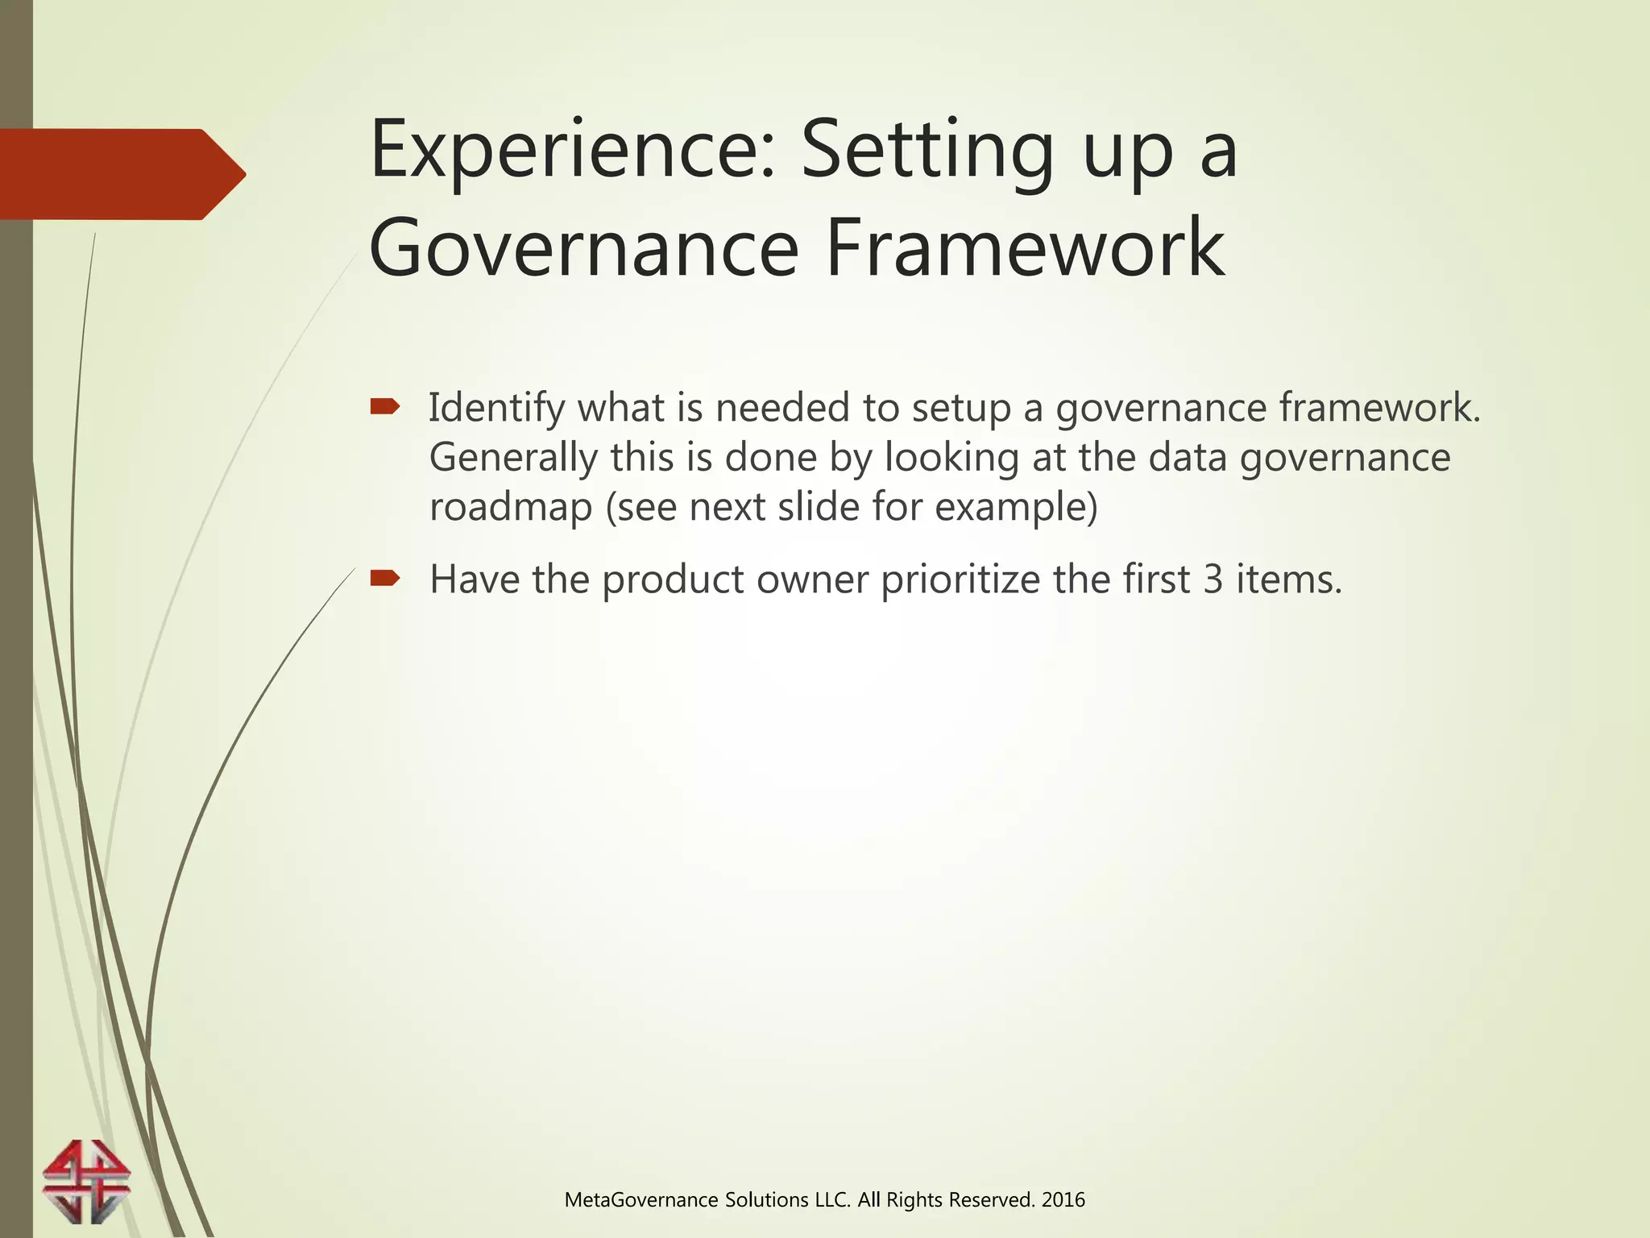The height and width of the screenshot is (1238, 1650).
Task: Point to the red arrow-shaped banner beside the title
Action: tap(121, 174)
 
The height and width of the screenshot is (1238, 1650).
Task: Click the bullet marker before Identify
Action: tap(384, 407)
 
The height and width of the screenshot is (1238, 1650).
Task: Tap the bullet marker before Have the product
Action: tap(384, 578)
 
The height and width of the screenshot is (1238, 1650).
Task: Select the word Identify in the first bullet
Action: tap(495, 407)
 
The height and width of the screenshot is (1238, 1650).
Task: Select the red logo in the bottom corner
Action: tap(86, 1182)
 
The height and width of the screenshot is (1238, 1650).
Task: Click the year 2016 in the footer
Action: tap(1063, 1200)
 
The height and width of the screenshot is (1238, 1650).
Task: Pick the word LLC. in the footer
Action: tap(833, 1200)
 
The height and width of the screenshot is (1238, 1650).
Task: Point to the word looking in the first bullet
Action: tap(952, 457)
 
